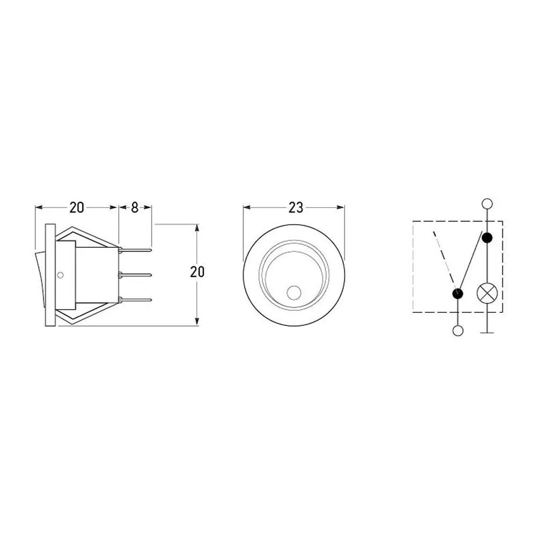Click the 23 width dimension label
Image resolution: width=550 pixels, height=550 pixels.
click(x=296, y=208)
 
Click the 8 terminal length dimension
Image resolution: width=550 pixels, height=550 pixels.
click(x=135, y=208)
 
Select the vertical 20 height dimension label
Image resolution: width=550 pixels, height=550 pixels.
click(x=197, y=272)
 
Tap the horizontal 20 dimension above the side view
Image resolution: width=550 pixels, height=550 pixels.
click(x=76, y=208)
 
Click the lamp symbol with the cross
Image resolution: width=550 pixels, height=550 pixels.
click(x=487, y=293)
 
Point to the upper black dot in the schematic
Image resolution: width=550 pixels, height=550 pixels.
click(x=487, y=238)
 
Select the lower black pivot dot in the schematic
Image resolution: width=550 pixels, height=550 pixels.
click(x=458, y=294)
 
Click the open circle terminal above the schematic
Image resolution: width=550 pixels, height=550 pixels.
click(x=487, y=204)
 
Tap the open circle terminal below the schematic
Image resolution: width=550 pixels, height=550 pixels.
click(x=458, y=331)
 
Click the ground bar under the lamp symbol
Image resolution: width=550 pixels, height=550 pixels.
click(x=487, y=332)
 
